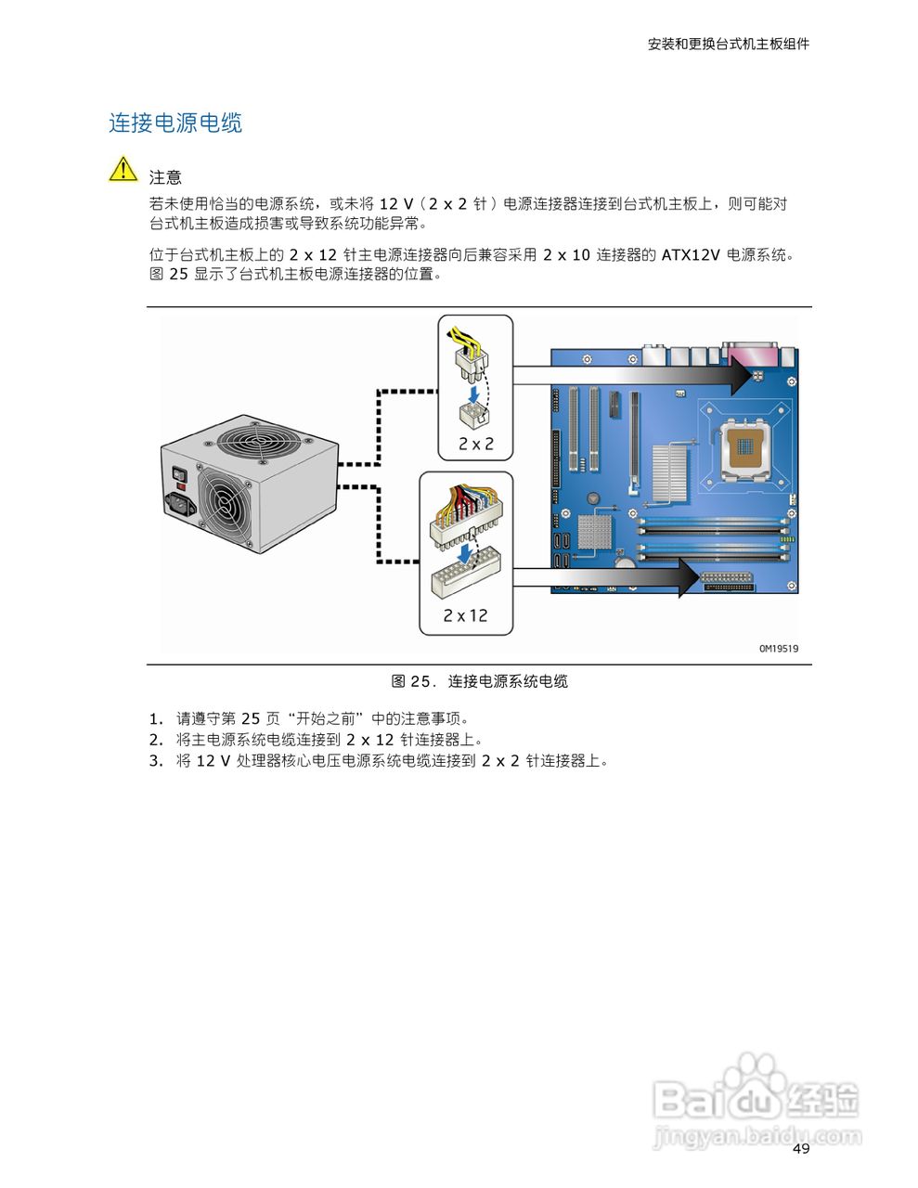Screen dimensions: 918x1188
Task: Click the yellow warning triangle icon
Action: point(123,170)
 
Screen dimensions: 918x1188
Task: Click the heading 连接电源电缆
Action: point(175,123)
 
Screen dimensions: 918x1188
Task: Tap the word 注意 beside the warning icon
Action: point(165,177)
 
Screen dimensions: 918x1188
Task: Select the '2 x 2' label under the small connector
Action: point(475,444)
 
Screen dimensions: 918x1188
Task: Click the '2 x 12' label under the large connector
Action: point(465,615)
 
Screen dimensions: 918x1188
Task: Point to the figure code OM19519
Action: point(778,649)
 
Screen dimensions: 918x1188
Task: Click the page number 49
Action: point(801,1149)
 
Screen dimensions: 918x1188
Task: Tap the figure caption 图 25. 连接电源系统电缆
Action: point(479,681)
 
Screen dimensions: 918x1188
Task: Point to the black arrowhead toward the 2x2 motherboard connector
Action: point(737,375)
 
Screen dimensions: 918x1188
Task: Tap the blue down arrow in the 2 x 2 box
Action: point(474,395)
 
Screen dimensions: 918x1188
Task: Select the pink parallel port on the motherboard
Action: point(753,352)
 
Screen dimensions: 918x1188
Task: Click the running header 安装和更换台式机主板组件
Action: point(728,44)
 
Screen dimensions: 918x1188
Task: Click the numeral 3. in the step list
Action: point(156,761)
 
